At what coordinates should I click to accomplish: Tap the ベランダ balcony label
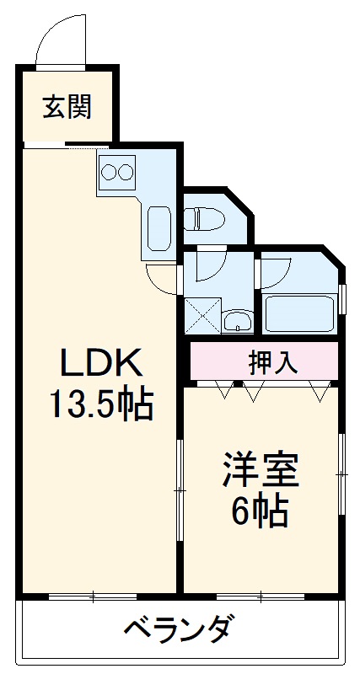pyautogui.click(x=179, y=629)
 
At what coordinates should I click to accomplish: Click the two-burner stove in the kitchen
pyautogui.click(x=116, y=172)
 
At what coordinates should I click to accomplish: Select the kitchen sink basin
pyautogui.click(x=159, y=227)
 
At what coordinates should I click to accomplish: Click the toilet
pyautogui.click(x=206, y=219)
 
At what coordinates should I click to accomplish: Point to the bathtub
pyautogui.click(x=299, y=313)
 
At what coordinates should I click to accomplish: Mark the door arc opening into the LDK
pyautogui.click(x=160, y=278)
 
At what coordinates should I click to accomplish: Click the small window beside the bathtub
pyautogui.click(x=342, y=298)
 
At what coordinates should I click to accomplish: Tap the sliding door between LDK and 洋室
pyautogui.click(x=180, y=489)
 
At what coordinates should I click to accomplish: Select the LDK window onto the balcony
pyautogui.click(x=93, y=596)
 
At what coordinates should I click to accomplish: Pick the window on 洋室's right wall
pyautogui.click(x=341, y=476)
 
